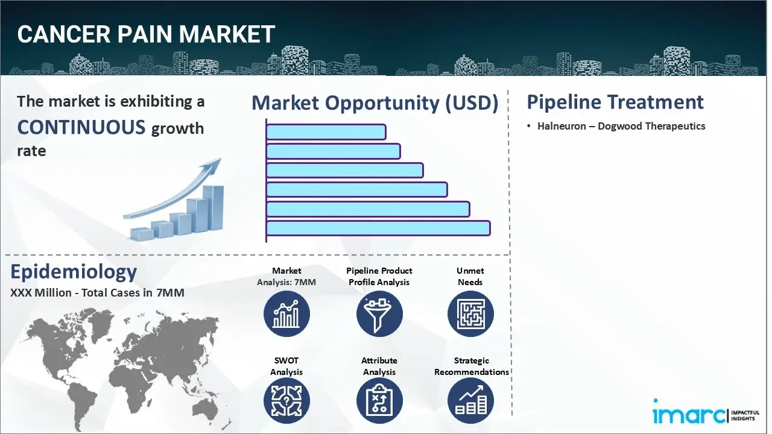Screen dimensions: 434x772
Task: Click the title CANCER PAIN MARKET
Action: click(x=146, y=34)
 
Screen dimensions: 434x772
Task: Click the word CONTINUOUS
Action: click(x=81, y=127)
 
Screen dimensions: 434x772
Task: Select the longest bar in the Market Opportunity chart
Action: click(x=378, y=228)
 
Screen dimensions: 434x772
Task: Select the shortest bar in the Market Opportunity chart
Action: click(x=326, y=131)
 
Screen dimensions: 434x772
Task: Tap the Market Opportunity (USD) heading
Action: click(x=375, y=103)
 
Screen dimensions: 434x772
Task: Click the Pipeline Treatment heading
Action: click(x=615, y=102)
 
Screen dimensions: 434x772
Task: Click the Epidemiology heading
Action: click(x=74, y=272)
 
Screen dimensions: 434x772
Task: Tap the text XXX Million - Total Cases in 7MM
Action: click(x=97, y=293)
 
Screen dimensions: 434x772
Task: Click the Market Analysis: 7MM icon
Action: click(x=286, y=313)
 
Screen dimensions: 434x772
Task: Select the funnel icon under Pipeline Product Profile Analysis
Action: click(x=379, y=313)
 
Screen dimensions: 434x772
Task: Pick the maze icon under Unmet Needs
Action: click(x=470, y=313)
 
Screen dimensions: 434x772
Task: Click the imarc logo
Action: click(x=688, y=415)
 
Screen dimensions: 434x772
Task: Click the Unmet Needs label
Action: click(x=470, y=276)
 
